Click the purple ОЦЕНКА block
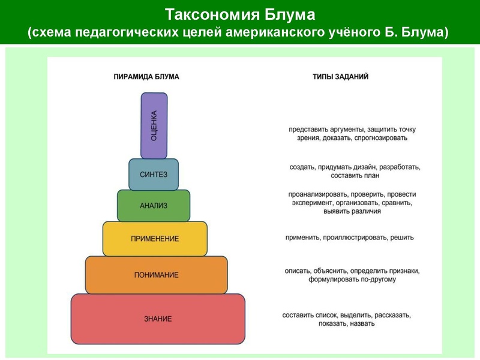coord(154,125)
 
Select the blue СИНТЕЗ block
coord(154,175)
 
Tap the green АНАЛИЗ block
coord(154,206)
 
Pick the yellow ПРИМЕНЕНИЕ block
coord(155,239)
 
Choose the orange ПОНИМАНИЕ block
coord(156,275)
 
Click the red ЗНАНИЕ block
coord(158,319)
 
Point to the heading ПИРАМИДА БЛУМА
coord(146,77)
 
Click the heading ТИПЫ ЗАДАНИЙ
coord(340,77)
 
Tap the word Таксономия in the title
coord(204,14)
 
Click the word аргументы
coord(338,129)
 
